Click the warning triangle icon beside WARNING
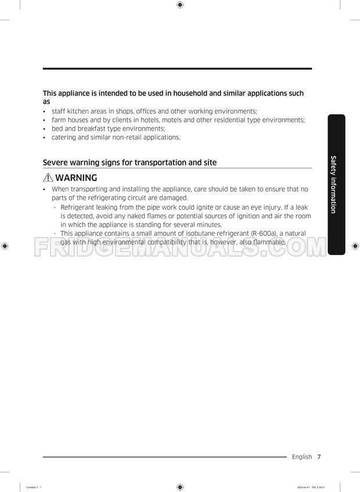(48, 178)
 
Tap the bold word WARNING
(76, 178)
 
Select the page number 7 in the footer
(319, 457)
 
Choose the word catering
(64, 137)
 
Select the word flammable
(268, 242)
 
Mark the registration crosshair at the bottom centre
(180, 487)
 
